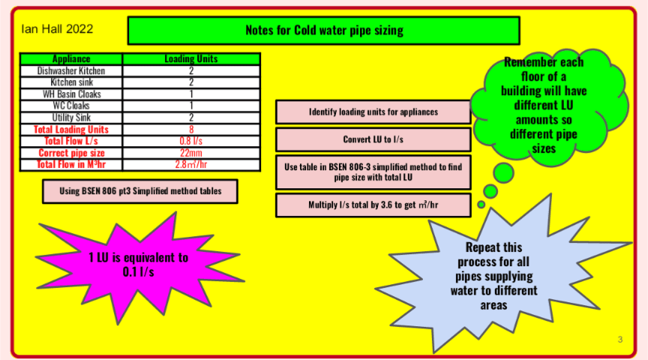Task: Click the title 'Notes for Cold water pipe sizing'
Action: coord(323,31)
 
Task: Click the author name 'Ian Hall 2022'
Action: coord(57,29)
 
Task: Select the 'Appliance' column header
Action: coord(71,58)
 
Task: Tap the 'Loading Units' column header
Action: coord(191,58)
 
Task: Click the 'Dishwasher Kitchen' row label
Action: coord(71,70)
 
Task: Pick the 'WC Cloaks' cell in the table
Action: coord(71,106)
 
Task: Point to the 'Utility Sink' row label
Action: coord(71,118)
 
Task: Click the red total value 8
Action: coord(191,129)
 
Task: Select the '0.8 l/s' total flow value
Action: coord(191,141)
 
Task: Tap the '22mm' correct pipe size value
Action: coord(191,152)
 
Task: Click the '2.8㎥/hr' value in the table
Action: coord(191,164)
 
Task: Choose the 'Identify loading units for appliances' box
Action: coord(373,112)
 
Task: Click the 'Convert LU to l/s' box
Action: coord(373,139)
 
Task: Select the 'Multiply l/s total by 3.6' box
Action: coord(373,204)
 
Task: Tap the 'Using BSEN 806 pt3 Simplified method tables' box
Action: coord(140,191)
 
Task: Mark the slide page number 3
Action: coord(619,340)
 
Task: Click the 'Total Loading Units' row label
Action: coord(71,129)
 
